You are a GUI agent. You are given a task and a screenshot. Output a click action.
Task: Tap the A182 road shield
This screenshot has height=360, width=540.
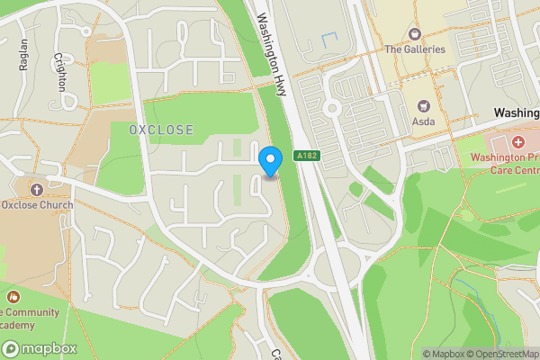pyautogui.click(x=307, y=157)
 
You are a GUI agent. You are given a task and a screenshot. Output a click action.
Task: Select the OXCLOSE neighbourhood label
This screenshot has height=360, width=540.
pyautogui.click(x=161, y=130)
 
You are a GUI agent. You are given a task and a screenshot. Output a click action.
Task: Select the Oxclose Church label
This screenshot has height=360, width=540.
pyautogui.click(x=37, y=205)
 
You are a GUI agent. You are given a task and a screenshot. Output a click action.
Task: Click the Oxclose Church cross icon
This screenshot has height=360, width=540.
pyautogui.click(x=37, y=189)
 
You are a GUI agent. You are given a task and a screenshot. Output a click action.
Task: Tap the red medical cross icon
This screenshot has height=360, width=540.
pyautogui.click(x=518, y=142)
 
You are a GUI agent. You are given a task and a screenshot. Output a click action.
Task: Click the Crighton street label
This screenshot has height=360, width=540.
pyautogui.click(x=60, y=71)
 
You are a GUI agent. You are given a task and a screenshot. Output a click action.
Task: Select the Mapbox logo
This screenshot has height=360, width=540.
pyautogui.click(x=40, y=348)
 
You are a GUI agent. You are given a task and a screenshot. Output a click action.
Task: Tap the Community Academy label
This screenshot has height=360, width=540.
pyautogui.click(x=31, y=319)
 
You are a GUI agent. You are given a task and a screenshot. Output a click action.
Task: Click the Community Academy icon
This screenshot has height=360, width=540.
pyautogui.click(x=13, y=295)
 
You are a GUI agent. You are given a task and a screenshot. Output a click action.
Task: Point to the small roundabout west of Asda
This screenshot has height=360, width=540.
pyautogui.click(x=330, y=109)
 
